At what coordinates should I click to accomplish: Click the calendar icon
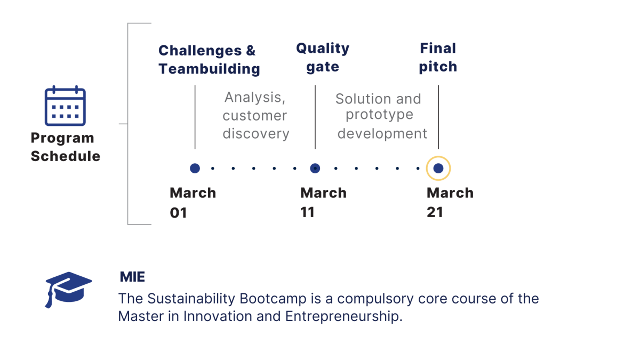(65, 106)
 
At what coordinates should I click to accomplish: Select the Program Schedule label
(65, 147)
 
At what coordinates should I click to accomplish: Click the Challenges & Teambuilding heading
(209, 60)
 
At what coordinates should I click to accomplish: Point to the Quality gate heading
(323, 57)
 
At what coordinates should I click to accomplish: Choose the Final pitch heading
(438, 57)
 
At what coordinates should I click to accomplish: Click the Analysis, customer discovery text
(255, 115)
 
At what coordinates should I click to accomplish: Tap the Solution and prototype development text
(380, 116)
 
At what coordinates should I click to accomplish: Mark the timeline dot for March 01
(195, 169)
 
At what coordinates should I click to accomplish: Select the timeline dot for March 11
(315, 169)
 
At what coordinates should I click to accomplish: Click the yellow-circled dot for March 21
(438, 169)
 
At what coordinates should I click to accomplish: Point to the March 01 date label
(193, 202)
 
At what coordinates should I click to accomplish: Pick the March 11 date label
(323, 202)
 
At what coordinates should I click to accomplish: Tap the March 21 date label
(450, 202)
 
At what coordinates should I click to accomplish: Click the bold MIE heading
(132, 277)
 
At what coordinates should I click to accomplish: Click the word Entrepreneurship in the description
(342, 316)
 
